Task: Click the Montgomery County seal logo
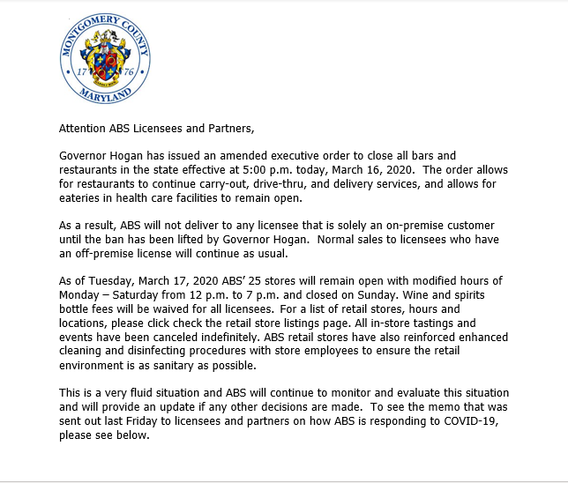click(x=106, y=61)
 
